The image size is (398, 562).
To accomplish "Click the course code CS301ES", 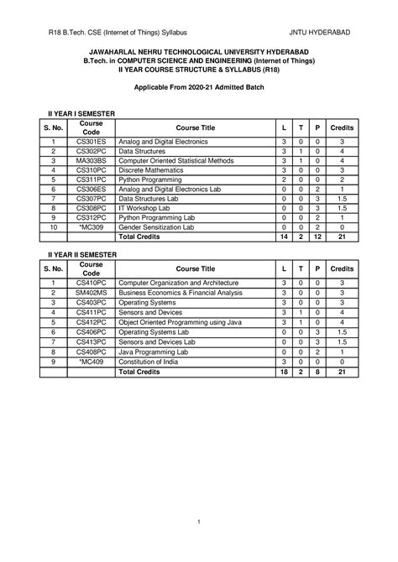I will [92, 142].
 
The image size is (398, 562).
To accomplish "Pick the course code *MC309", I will [92, 227].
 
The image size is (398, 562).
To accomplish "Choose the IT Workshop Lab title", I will [147, 206].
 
